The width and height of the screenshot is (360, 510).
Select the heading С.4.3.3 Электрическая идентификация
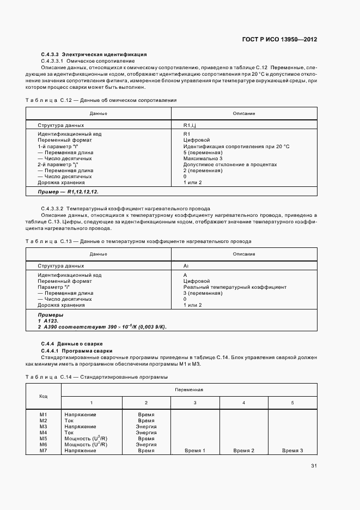pyautogui.click(x=94, y=55)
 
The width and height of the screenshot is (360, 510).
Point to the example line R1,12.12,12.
pyautogui.click(x=68, y=192)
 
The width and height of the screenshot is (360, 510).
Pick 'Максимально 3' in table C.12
pyautogui.click(x=203, y=158)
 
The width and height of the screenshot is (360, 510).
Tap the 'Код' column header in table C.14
pyautogui.click(x=44, y=396)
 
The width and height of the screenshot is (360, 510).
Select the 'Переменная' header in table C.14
pyautogui.click(x=189, y=390)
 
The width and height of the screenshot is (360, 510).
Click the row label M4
pyautogui.click(x=44, y=433)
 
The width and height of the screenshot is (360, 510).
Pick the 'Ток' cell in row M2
pyautogui.click(x=69, y=421)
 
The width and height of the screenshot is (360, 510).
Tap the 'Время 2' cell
pyautogui.click(x=243, y=451)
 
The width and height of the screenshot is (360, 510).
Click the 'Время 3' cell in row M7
pyautogui.click(x=292, y=451)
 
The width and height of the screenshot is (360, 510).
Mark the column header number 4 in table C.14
pyautogui.click(x=243, y=402)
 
